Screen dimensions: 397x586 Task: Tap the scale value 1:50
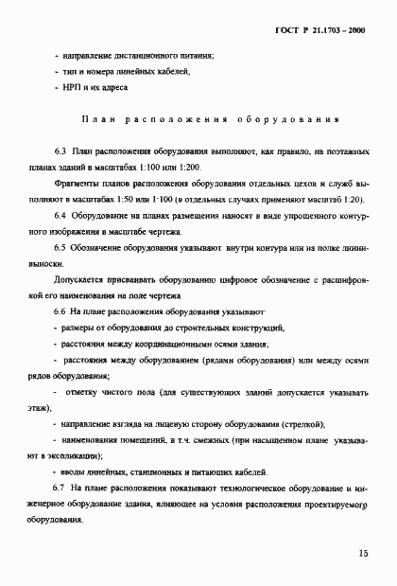pyautogui.click(x=151, y=199)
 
